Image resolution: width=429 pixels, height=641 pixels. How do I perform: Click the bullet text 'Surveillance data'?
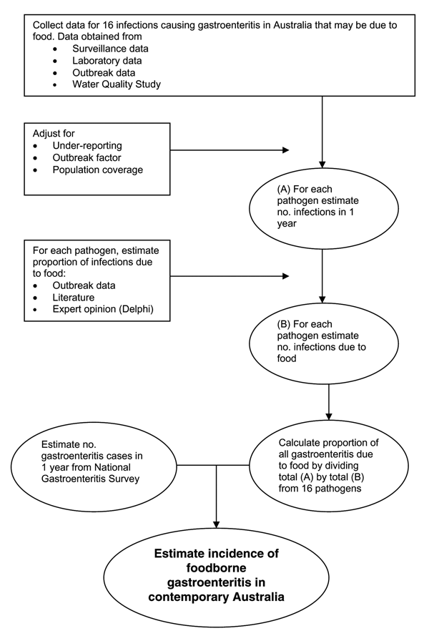coord(110,49)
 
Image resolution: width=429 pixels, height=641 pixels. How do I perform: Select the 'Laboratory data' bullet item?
coord(107,61)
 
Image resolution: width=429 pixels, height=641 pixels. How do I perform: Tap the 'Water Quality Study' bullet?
coord(117,84)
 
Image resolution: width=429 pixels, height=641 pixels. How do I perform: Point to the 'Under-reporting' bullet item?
coord(87,145)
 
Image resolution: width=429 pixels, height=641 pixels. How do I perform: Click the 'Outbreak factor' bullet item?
coord(87,157)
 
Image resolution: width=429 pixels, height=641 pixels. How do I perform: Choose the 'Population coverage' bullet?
coord(98,170)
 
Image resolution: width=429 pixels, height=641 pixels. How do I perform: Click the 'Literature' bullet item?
coord(74,297)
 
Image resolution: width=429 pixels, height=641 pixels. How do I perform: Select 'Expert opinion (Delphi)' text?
coord(103,309)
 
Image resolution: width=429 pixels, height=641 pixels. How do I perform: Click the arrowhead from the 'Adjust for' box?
coord(285,150)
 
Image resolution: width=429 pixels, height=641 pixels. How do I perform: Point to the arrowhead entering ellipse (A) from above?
coord(322,165)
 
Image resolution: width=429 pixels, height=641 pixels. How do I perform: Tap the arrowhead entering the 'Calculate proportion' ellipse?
coord(329,416)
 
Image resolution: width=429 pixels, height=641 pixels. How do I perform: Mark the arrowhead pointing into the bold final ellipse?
coord(216,524)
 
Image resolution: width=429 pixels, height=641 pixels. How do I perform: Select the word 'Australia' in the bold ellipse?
coord(259,597)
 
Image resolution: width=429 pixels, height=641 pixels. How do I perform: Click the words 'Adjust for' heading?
coord(54,134)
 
